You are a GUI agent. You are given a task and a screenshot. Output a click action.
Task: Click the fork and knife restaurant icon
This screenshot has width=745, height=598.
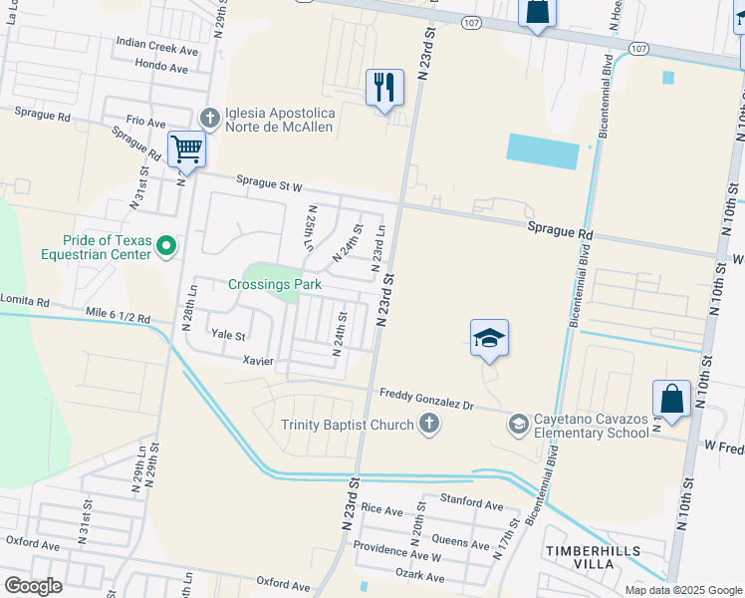click(x=384, y=87)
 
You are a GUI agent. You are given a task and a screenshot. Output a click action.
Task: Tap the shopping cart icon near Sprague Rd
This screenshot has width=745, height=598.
click(x=186, y=149)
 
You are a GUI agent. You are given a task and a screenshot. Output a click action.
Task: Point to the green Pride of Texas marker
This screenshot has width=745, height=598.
click(x=166, y=244)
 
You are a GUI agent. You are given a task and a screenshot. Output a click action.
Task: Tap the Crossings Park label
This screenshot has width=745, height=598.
click(x=274, y=284)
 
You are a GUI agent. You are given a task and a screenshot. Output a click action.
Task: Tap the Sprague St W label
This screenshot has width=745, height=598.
click(x=269, y=182)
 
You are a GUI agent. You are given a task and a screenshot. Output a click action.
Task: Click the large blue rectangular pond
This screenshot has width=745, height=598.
click(x=542, y=150)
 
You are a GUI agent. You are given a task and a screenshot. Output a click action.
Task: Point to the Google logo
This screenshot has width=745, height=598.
click(x=33, y=585)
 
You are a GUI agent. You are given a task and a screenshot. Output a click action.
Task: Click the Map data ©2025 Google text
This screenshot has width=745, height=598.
click(x=683, y=590)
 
